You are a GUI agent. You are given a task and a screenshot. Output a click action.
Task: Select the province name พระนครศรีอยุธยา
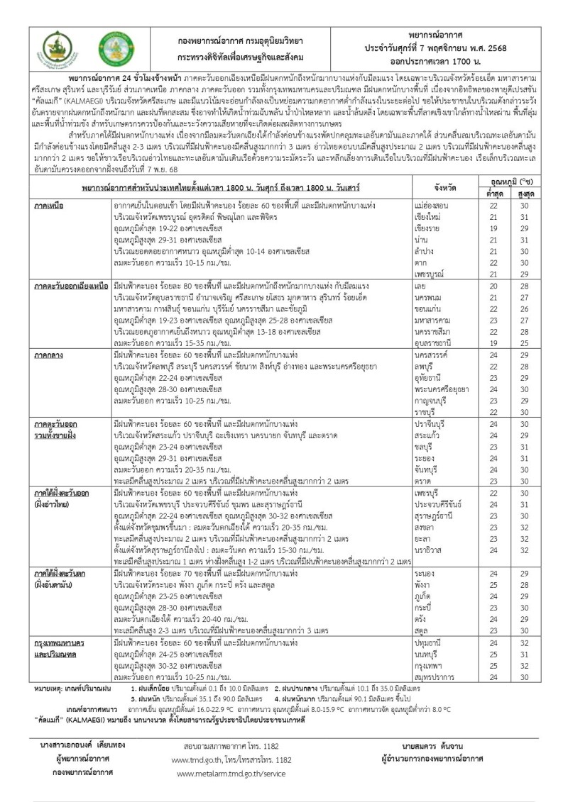click(442, 388)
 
